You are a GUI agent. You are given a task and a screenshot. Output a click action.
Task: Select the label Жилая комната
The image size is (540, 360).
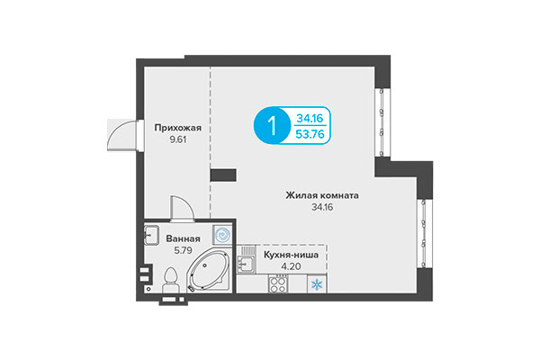[322, 194]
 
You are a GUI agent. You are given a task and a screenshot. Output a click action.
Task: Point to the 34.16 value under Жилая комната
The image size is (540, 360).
[322, 208]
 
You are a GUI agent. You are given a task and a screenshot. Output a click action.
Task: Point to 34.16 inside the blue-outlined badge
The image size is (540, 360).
[310, 116]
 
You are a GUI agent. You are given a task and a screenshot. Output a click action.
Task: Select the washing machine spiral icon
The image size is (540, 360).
[221, 233]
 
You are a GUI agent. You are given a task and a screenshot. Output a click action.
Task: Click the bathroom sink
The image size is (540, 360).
[150, 236]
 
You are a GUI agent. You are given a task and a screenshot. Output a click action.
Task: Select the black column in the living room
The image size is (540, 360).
[222, 175]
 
